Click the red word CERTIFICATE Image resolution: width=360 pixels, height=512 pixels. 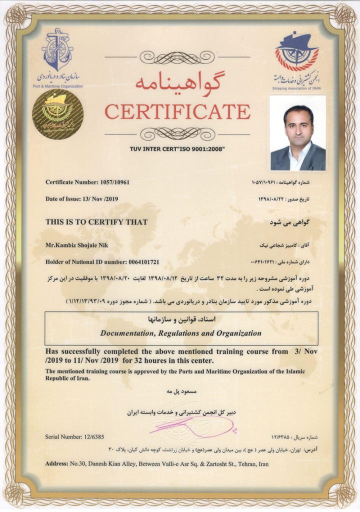(x=177, y=111)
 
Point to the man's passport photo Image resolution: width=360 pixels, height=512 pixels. (x=297, y=132)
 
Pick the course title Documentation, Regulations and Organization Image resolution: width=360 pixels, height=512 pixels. (x=181, y=333)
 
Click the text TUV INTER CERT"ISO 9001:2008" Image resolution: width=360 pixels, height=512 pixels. (x=177, y=149)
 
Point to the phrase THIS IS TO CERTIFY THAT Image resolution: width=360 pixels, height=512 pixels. (x=96, y=221)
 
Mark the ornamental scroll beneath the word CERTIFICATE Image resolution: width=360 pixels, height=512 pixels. (x=177, y=133)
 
